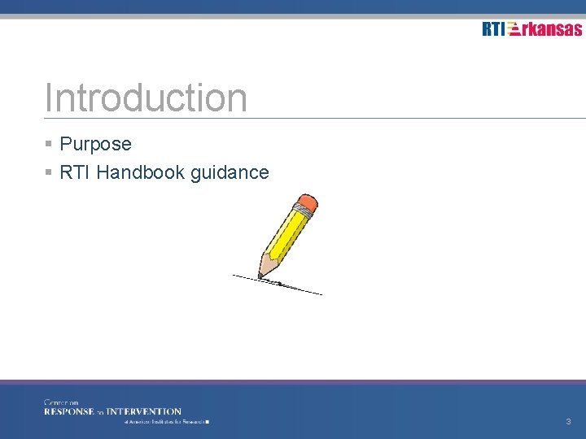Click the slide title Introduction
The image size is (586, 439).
146,98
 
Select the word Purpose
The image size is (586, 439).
95,145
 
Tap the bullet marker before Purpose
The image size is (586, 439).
49,145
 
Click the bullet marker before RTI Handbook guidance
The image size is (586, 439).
49,172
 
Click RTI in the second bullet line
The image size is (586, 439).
75,172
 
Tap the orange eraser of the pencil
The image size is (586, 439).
308,202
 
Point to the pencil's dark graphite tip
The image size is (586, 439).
261,277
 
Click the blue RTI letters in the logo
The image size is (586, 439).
493,29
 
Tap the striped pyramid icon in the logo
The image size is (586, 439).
514,29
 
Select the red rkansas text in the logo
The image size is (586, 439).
553,29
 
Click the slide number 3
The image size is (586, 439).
568,422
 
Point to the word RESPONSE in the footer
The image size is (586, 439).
70,411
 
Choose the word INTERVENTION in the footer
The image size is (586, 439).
144,411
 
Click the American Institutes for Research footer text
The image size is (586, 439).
167,423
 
